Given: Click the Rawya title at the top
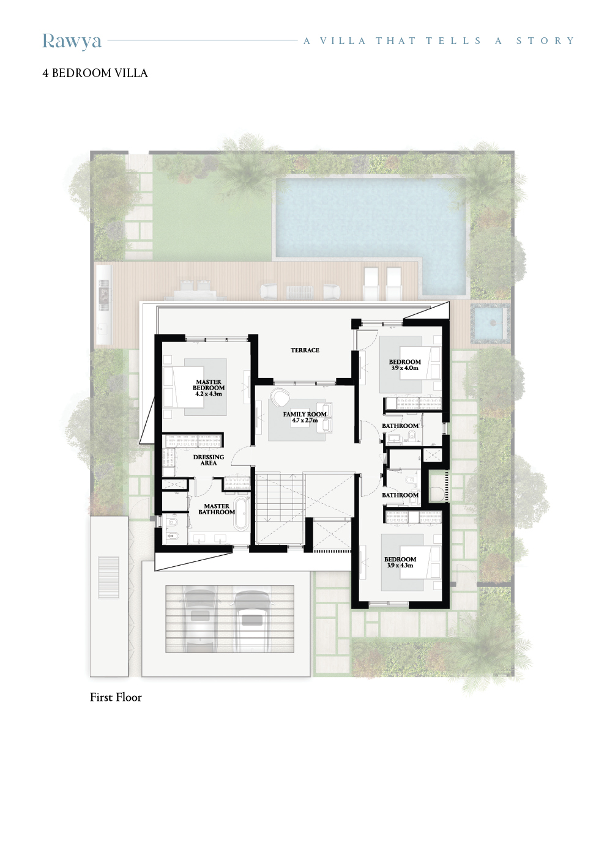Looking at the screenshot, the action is click(72, 42).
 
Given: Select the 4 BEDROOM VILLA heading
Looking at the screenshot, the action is click(95, 73).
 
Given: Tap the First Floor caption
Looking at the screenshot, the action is click(116, 697).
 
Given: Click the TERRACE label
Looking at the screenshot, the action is click(305, 350).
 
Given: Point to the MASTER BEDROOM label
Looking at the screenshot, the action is click(209, 385).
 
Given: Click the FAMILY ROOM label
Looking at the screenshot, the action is click(305, 414).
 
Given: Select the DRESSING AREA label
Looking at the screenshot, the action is click(209, 460).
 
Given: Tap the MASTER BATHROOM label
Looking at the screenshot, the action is click(217, 509).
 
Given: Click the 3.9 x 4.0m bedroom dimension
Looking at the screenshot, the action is click(404, 368).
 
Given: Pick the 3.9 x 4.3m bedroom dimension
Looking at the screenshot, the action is click(400, 565).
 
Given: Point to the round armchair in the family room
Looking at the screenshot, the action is click(280, 396).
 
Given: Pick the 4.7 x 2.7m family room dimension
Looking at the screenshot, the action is click(305, 420).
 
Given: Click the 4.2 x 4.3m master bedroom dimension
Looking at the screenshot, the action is click(209, 393).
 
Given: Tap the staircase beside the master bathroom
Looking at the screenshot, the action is click(280, 509).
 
